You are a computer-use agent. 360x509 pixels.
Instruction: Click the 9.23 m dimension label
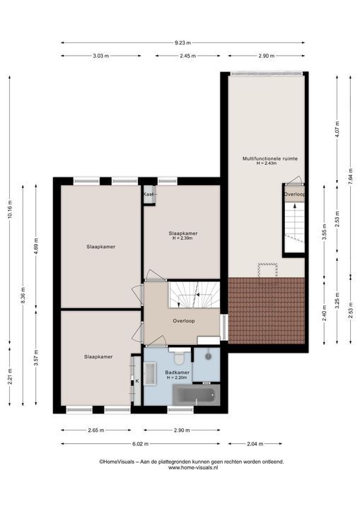(x=182, y=42)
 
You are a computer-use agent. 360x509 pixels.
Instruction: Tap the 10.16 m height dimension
(x=9, y=210)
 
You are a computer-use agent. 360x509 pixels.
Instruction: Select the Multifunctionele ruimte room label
(x=270, y=159)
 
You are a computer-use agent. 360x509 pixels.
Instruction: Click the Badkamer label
(x=177, y=373)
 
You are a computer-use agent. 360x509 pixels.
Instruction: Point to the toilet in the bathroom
(x=179, y=357)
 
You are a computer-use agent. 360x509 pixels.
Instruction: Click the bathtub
(x=196, y=395)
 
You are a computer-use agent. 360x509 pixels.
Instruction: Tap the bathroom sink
(x=150, y=374)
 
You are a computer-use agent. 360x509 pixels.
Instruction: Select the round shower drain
(x=208, y=356)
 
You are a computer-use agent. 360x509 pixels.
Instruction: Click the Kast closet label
(x=149, y=194)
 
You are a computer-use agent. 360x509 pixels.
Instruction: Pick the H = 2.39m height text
(x=182, y=238)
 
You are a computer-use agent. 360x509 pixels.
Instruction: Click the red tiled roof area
(x=267, y=310)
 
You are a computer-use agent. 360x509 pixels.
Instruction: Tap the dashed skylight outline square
(x=268, y=270)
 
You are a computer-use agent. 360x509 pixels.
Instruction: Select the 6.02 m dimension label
(x=140, y=444)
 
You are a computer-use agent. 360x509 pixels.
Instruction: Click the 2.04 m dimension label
(x=255, y=444)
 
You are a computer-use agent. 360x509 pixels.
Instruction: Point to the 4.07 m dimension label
(x=337, y=129)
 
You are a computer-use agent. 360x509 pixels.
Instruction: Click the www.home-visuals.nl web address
(x=193, y=468)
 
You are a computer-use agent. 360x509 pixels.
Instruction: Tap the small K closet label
(x=137, y=381)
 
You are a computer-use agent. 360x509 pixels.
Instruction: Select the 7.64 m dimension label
(x=350, y=176)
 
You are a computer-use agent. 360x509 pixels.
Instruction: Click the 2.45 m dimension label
(x=188, y=56)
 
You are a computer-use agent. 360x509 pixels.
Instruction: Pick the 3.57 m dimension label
(x=36, y=358)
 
